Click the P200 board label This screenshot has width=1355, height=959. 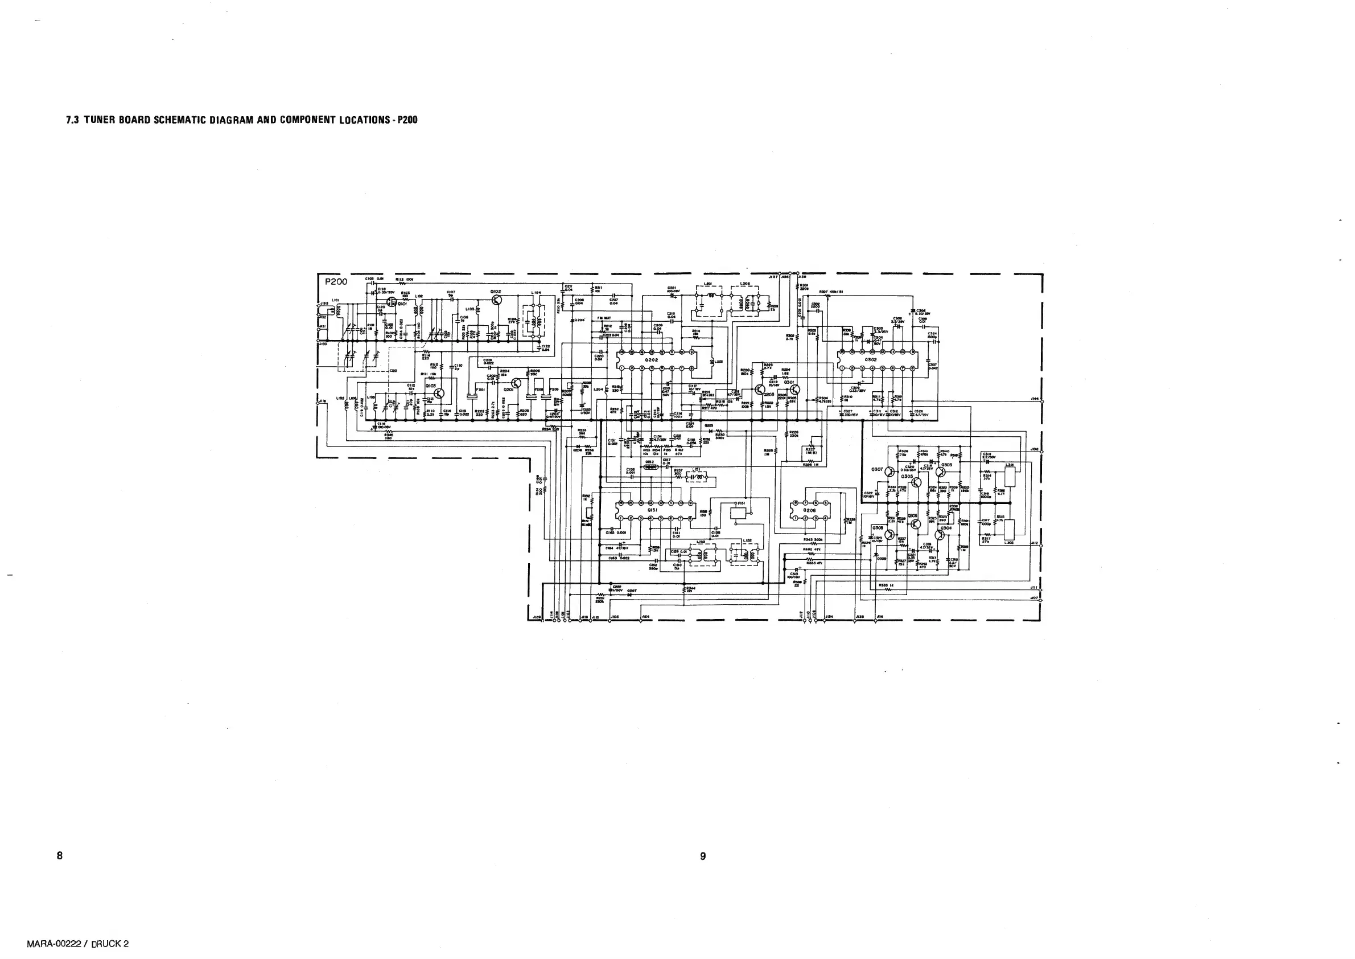[x=336, y=282]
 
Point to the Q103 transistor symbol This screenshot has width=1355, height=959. [x=439, y=394]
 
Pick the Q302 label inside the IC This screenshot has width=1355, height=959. [x=871, y=359]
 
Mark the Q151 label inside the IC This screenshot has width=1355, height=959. [x=653, y=510]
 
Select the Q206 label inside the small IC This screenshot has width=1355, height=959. [x=810, y=510]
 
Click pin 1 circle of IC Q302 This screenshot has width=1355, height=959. [x=842, y=368]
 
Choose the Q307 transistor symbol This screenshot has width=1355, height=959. [x=889, y=470]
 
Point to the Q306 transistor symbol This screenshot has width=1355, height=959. [x=915, y=523]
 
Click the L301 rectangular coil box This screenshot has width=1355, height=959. [x=1010, y=477]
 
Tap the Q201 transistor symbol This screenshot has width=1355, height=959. [x=516, y=385]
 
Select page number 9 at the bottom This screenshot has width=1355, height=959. [x=702, y=856]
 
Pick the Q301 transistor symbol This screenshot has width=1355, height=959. [x=794, y=390]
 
